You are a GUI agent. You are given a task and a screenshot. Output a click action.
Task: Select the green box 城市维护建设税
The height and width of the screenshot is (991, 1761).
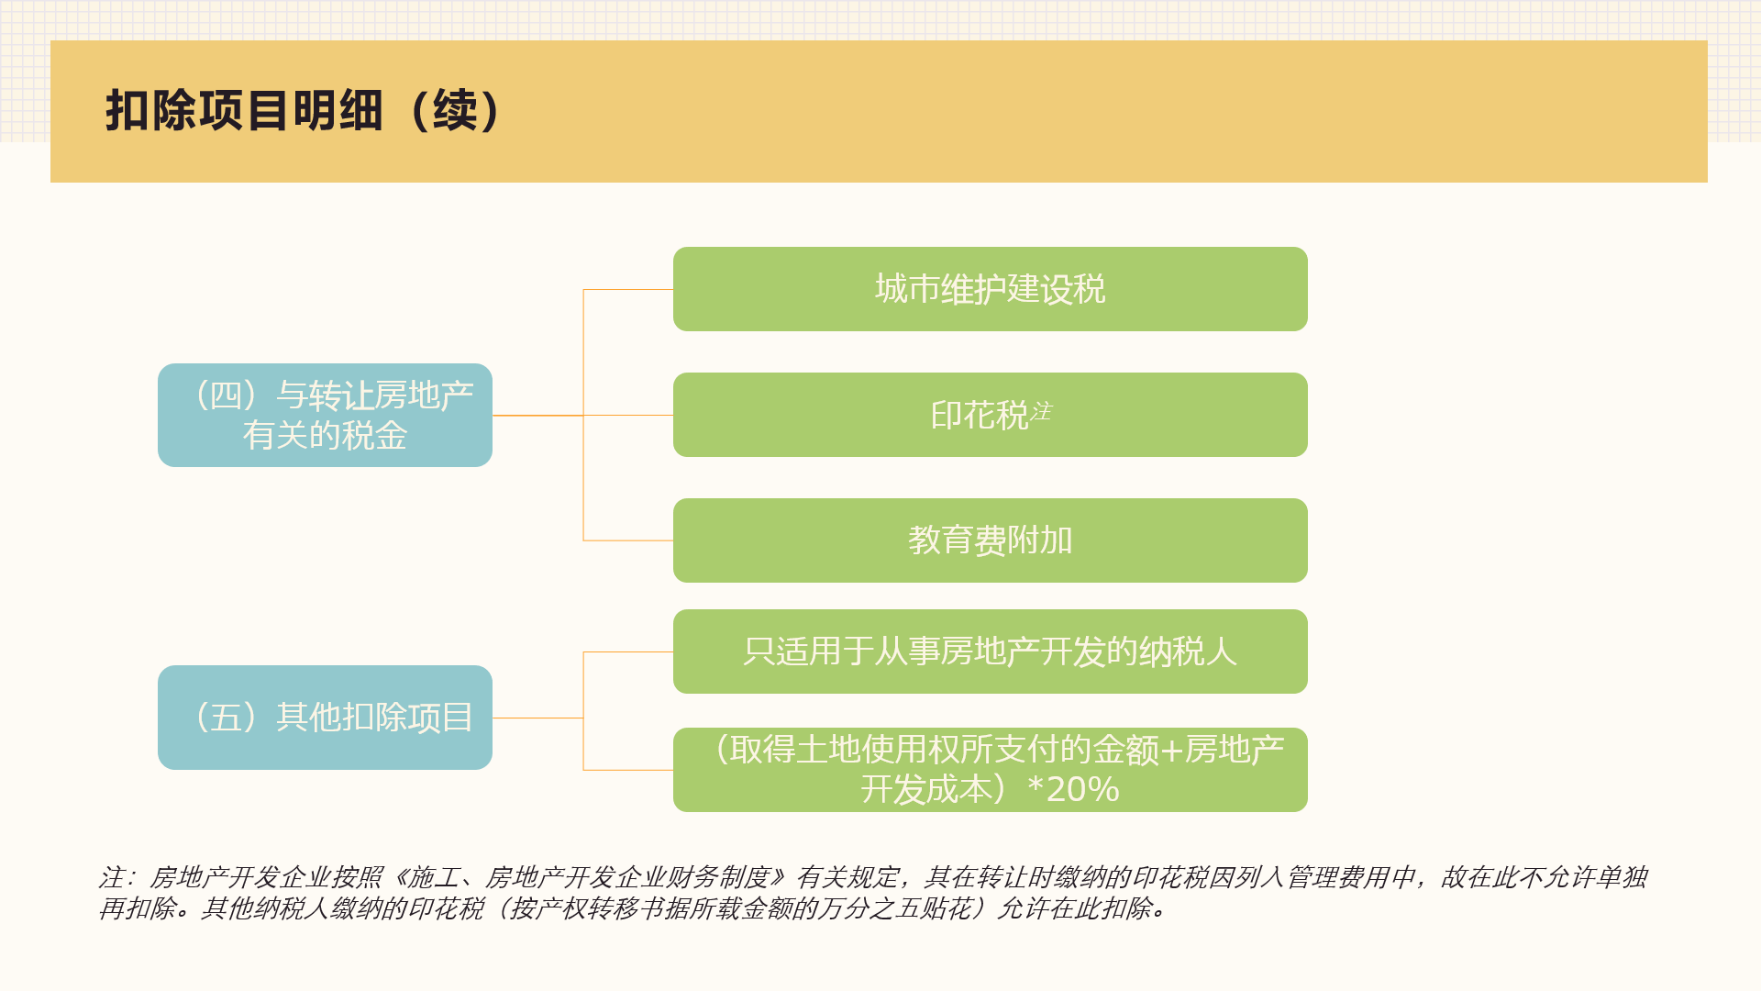(x=991, y=289)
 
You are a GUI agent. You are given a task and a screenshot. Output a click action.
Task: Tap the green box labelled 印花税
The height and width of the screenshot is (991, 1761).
(x=991, y=415)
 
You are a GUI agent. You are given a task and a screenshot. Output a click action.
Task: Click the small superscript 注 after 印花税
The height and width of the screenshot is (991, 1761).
(x=1041, y=411)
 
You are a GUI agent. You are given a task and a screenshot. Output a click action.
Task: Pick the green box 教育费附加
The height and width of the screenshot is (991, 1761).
(x=991, y=540)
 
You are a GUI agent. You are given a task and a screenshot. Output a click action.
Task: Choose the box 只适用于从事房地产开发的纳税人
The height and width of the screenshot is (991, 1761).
(x=991, y=651)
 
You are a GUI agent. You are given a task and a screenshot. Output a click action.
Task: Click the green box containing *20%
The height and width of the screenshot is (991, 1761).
(x=991, y=770)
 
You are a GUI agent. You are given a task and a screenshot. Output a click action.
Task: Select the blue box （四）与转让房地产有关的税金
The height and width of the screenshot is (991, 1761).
(x=325, y=415)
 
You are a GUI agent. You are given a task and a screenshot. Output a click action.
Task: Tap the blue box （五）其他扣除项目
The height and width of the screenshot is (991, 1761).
(x=325, y=718)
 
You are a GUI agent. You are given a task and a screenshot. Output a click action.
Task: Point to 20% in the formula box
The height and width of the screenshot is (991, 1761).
(x=1082, y=789)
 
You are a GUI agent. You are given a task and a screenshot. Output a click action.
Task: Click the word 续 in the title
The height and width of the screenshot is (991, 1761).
(x=455, y=110)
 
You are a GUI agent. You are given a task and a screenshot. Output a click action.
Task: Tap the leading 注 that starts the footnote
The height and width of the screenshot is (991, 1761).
(x=111, y=877)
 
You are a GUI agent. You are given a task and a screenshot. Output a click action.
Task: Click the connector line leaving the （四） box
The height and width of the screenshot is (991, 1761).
(x=537, y=416)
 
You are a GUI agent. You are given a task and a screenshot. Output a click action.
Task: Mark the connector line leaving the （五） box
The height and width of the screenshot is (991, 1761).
(x=537, y=718)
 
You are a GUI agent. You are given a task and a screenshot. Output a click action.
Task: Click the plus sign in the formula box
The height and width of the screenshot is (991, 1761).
(x=1172, y=751)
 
